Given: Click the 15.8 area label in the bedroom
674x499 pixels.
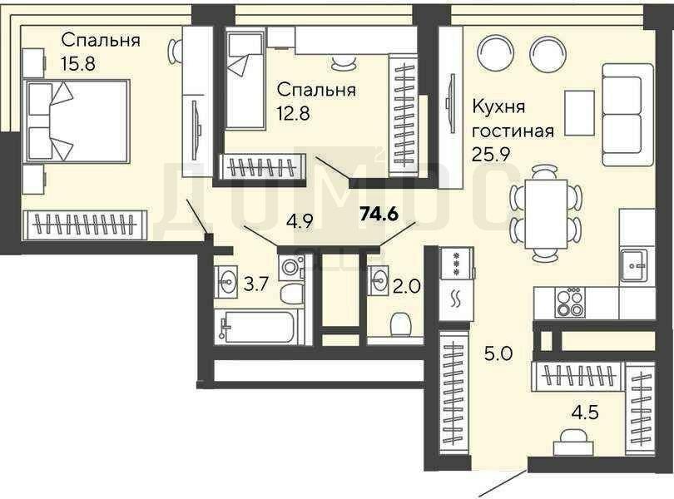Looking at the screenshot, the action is [x=78, y=63].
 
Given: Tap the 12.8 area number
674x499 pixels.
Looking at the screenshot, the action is [x=294, y=113].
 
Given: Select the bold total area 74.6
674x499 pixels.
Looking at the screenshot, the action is [x=380, y=214].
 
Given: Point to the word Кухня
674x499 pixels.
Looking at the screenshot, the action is [x=498, y=107].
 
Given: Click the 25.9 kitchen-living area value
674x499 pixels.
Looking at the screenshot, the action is [x=491, y=153].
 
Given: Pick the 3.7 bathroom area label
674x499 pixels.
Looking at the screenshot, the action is [x=256, y=284].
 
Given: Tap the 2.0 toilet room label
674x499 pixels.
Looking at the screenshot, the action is [x=406, y=286].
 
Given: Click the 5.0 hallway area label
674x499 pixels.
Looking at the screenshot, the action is [x=498, y=354].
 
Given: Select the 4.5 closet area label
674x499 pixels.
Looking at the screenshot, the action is [x=585, y=413].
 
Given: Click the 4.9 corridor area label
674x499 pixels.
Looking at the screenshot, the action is [x=300, y=223].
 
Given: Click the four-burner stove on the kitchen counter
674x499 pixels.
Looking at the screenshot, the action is [x=570, y=303].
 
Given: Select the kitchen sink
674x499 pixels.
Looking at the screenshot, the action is [x=633, y=266].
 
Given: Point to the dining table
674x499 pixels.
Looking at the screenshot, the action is [x=546, y=214].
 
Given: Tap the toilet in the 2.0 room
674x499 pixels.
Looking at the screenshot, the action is [x=400, y=324].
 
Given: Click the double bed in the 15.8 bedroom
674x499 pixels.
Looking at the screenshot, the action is [x=77, y=121].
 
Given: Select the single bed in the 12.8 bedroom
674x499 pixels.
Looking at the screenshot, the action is [x=245, y=81].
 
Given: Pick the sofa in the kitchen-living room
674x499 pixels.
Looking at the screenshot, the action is [x=627, y=115].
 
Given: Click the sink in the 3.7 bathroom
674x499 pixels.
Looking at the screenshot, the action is [x=226, y=282].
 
